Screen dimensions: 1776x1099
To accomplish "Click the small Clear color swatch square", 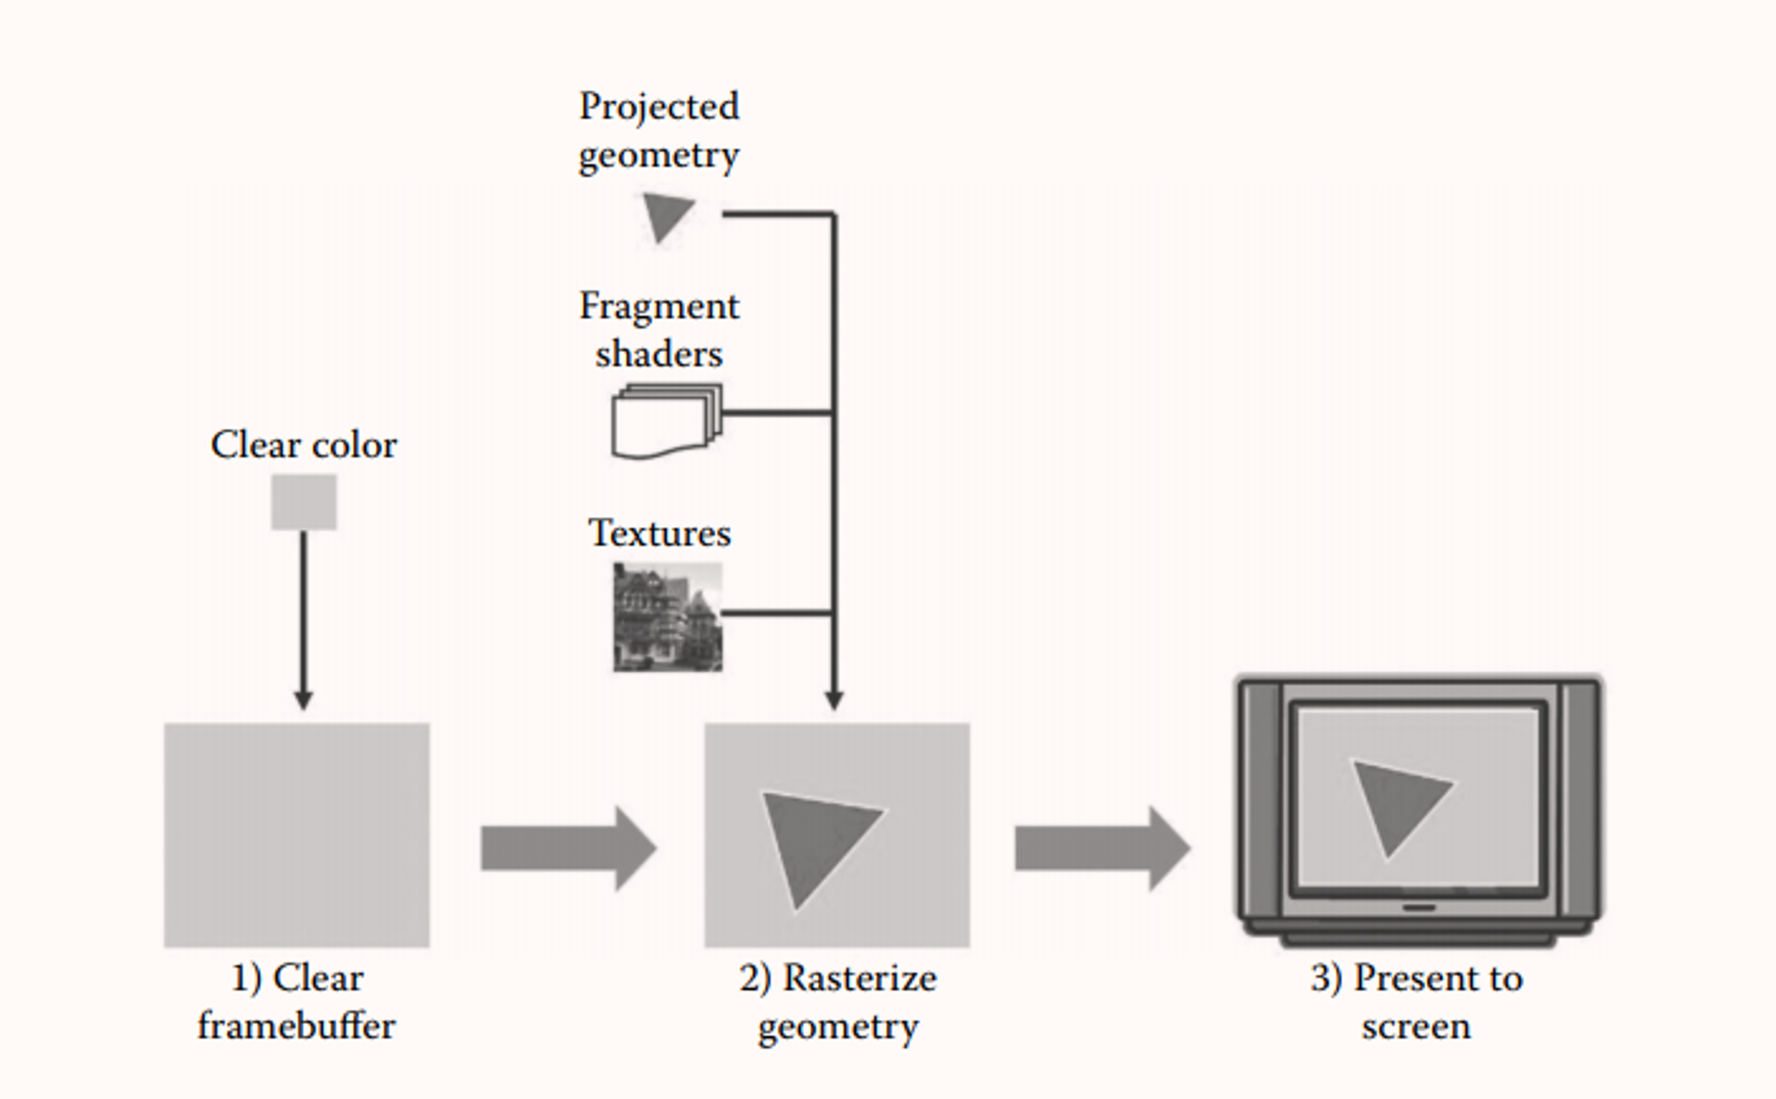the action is pyautogui.click(x=304, y=502).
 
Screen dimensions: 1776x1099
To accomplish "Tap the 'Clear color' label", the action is pyautogui.click(x=304, y=445).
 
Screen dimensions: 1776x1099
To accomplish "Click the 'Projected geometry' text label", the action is pyautogui.click(x=659, y=130).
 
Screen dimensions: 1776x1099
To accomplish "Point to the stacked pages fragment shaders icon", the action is pyautogui.click(x=667, y=422).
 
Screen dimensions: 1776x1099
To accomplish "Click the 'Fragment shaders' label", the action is pyautogui.click(x=659, y=329).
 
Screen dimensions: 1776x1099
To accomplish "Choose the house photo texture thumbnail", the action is pyautogui.click(x=668, y=618).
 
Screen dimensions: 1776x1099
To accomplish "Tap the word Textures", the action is pyautogui.click(x=660, y=533).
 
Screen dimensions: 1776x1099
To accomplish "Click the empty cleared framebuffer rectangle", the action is pyautogui.click(x=297, y=835).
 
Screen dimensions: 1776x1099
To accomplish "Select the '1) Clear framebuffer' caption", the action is pyautogui.click(x=297, y=1001).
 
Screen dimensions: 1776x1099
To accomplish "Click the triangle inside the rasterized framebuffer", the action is pyautogui.click(x=814, y=841).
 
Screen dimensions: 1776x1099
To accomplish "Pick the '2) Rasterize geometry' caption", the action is pyautogui.click(x=837, y=1002).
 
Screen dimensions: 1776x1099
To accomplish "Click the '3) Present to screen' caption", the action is pyautogui.click(x=1416, y=1001).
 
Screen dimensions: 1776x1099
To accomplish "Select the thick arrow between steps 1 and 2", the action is pyautogui.click(x=569, y=849).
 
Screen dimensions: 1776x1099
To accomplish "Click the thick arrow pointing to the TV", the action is pyautogui.click(x=1103, y=849).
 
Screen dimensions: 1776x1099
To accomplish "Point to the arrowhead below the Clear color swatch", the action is pyautogui.click(x=304, y=700).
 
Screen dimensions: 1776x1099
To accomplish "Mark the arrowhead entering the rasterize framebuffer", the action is pyautogui.click(x=834, y=700).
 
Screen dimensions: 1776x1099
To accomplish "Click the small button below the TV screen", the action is pyautogui.click(x=1419, y=907).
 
